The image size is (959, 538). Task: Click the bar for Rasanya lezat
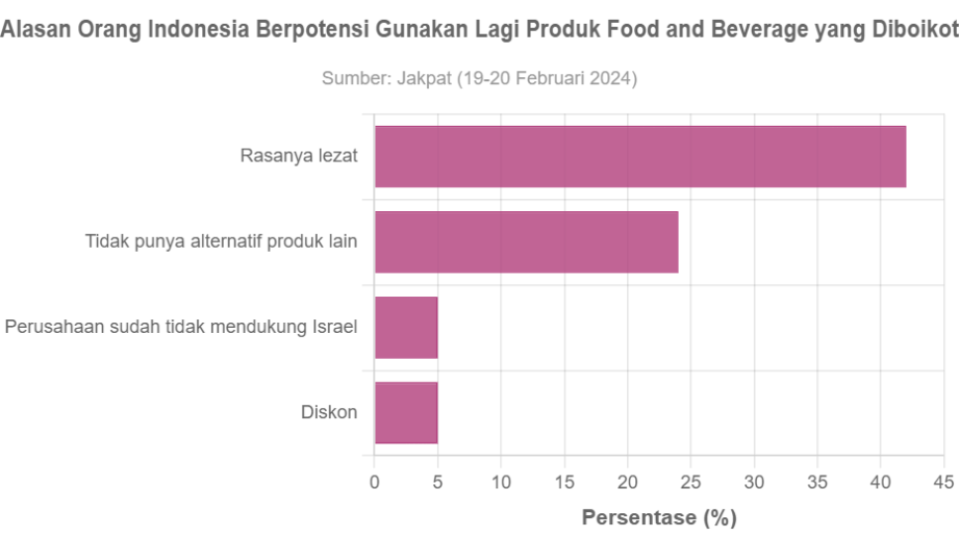[640, 157]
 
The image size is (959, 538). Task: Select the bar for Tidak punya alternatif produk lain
[526, 242]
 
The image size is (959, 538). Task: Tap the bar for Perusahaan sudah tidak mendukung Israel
[406, 327]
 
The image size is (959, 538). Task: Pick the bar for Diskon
[406, 412]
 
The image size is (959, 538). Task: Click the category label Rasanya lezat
[299, 157]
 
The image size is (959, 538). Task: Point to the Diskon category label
[329, 412]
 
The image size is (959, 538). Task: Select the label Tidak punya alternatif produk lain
[221, 242]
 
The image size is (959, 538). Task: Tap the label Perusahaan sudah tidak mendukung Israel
[181, 327]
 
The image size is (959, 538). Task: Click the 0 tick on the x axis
[374, 483]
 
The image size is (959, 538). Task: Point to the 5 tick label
[438, 483]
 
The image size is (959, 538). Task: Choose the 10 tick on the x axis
[501, 483]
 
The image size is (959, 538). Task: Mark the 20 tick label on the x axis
[628, 483]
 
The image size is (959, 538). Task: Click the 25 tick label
[692, 483]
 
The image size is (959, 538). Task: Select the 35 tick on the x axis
[817, 483]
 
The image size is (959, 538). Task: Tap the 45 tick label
[944, 483]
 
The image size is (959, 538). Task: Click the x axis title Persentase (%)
[659, 517]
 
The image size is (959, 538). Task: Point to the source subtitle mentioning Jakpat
[479, 78]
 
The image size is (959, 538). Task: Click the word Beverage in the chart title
[759, 30]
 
